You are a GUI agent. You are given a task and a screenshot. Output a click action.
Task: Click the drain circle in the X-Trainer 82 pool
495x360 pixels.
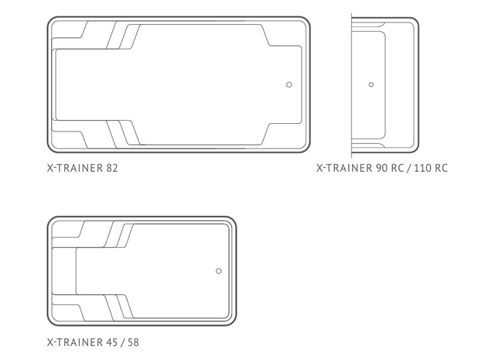pyautogui.click(x=288, y=84)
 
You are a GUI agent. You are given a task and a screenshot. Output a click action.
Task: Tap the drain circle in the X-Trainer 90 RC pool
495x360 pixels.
pyautogui.click(x=371, y=84)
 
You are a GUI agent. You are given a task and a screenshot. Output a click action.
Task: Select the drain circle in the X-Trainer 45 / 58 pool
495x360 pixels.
pyautogui.click(x=219, y=271)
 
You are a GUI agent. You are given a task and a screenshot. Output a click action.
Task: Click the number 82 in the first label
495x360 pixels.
pyautogui.click(x=112, y=168)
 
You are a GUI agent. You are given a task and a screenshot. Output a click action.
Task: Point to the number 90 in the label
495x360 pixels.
pyautogui.click(x=381, y=168)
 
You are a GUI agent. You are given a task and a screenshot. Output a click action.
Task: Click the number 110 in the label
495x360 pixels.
pyautogui.click(x=423, y=168)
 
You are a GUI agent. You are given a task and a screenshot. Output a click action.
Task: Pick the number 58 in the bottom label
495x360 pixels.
pyautogui.click(x=133, y=342)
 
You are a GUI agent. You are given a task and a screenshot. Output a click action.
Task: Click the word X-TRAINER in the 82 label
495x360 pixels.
pyautogui.click(x=75, y=168)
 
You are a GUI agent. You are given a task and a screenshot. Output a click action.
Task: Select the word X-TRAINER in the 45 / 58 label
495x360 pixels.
pyautogui.click(x=75, y=342)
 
